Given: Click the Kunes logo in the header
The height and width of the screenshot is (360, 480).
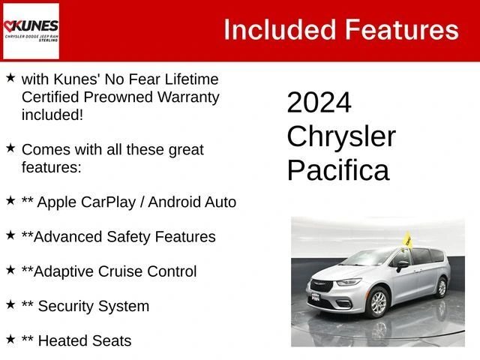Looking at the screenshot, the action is click(31, 31).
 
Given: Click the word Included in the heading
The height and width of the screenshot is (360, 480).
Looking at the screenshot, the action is click(280, 30).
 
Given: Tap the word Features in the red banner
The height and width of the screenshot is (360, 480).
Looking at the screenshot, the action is click(402, 30).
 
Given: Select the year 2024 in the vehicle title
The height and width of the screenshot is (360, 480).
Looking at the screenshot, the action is click(319, 102).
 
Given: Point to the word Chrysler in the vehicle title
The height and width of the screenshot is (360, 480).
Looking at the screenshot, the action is click(341, 136).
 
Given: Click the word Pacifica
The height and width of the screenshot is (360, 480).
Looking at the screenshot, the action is click(338, 170).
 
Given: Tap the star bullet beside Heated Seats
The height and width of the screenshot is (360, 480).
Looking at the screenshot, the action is click(10, 339).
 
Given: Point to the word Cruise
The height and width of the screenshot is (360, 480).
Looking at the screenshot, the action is click(121, 271).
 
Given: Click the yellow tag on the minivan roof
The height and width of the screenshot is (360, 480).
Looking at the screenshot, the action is click(407, 239).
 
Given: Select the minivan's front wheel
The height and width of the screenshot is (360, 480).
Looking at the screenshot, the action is click(378, 302).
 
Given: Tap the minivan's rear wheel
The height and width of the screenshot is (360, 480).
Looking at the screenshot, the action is click(442, 287).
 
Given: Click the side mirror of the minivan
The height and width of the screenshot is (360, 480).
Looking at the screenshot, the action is click(401, 265).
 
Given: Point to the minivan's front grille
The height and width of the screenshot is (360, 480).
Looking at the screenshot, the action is click(321, 285).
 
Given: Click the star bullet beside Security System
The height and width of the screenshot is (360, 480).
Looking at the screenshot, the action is click(10, 304).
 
